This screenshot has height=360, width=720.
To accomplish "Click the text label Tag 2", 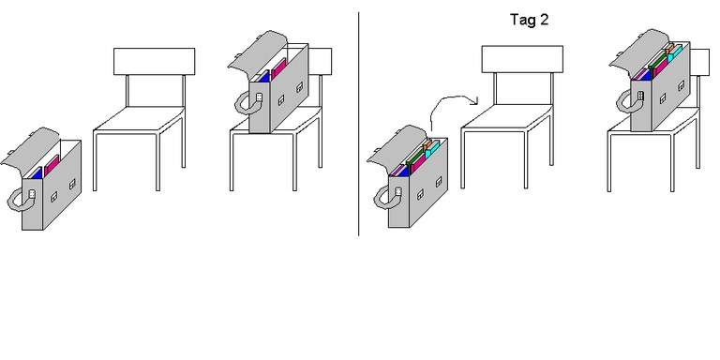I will tap(529, 20).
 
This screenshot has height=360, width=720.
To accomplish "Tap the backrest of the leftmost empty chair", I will tap(155, 61).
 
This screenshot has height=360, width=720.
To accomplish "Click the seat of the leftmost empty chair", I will tap(141, 122).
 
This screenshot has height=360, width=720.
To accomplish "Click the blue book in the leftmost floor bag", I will tap(36, 172).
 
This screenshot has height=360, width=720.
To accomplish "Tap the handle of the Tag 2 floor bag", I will tap(383, 198).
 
